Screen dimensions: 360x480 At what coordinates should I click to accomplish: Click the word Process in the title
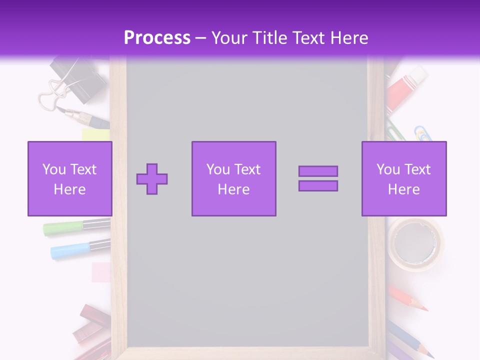point(157,38)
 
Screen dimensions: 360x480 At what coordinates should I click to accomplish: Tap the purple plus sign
point(152,178)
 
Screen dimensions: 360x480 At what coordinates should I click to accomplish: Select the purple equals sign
point(318,178)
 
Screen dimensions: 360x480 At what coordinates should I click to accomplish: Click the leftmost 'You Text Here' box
point(70,178)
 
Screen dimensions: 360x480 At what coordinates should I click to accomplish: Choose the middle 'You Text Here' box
point(233,178)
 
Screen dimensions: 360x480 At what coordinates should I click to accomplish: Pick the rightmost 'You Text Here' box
point(404,178)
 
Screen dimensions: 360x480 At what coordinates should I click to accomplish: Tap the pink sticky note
point(101,271)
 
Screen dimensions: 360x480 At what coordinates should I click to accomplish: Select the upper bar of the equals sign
point(318,171)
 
